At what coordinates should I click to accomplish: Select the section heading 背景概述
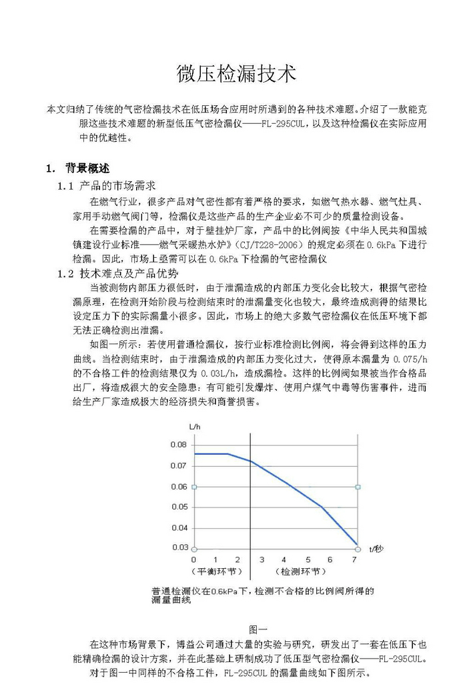coord(92,168)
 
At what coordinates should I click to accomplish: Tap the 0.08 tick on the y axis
coord(178,444)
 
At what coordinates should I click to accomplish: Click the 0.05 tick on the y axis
coord(178,507)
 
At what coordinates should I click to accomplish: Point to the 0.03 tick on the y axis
coord(178,547)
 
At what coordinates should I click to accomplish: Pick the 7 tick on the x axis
coord(354,560)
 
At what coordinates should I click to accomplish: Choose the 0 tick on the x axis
coord(194,560)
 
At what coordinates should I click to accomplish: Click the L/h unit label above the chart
coord(194,426)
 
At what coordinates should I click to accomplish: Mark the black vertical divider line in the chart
coord(250,506)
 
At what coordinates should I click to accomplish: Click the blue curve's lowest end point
coord(357,544)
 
